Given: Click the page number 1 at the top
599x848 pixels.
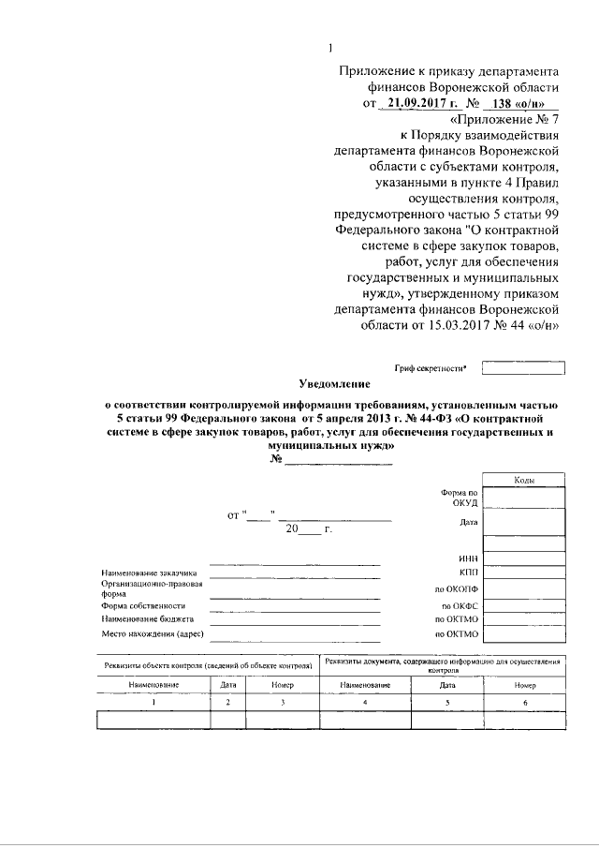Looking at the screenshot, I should tap(331, 49).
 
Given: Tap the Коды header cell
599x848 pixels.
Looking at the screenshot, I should tap(524, 480).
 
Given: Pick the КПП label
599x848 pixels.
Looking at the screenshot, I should tap(468, 573).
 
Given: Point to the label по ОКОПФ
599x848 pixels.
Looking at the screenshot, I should tap(457, 590).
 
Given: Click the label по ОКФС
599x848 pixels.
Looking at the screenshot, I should tap(459, 606).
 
